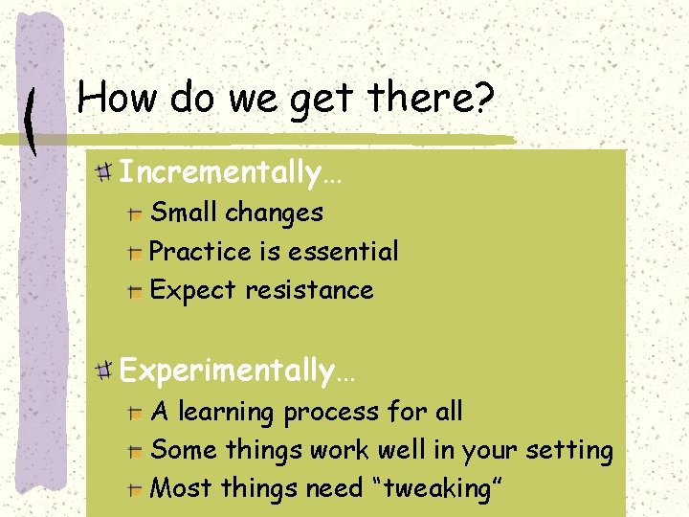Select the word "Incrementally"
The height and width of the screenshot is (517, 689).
(x=220, y=173)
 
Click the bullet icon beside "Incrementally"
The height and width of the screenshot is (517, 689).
(x=104, y=173)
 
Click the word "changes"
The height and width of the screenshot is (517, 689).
(x=277, y=213)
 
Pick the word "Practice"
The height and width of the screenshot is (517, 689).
(x=201, y=252)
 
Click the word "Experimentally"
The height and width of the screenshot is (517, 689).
(x=227, y=370)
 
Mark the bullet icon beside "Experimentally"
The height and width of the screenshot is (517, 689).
(x=104, y=370)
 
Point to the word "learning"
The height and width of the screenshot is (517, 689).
(x=227, y=413)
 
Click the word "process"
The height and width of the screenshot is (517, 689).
(x=331, y=413)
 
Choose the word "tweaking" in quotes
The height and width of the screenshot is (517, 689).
(x=435, y=488)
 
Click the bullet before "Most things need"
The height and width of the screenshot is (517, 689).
(x=136, y=489)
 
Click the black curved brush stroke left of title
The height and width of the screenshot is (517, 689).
(x=32, y=123)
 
